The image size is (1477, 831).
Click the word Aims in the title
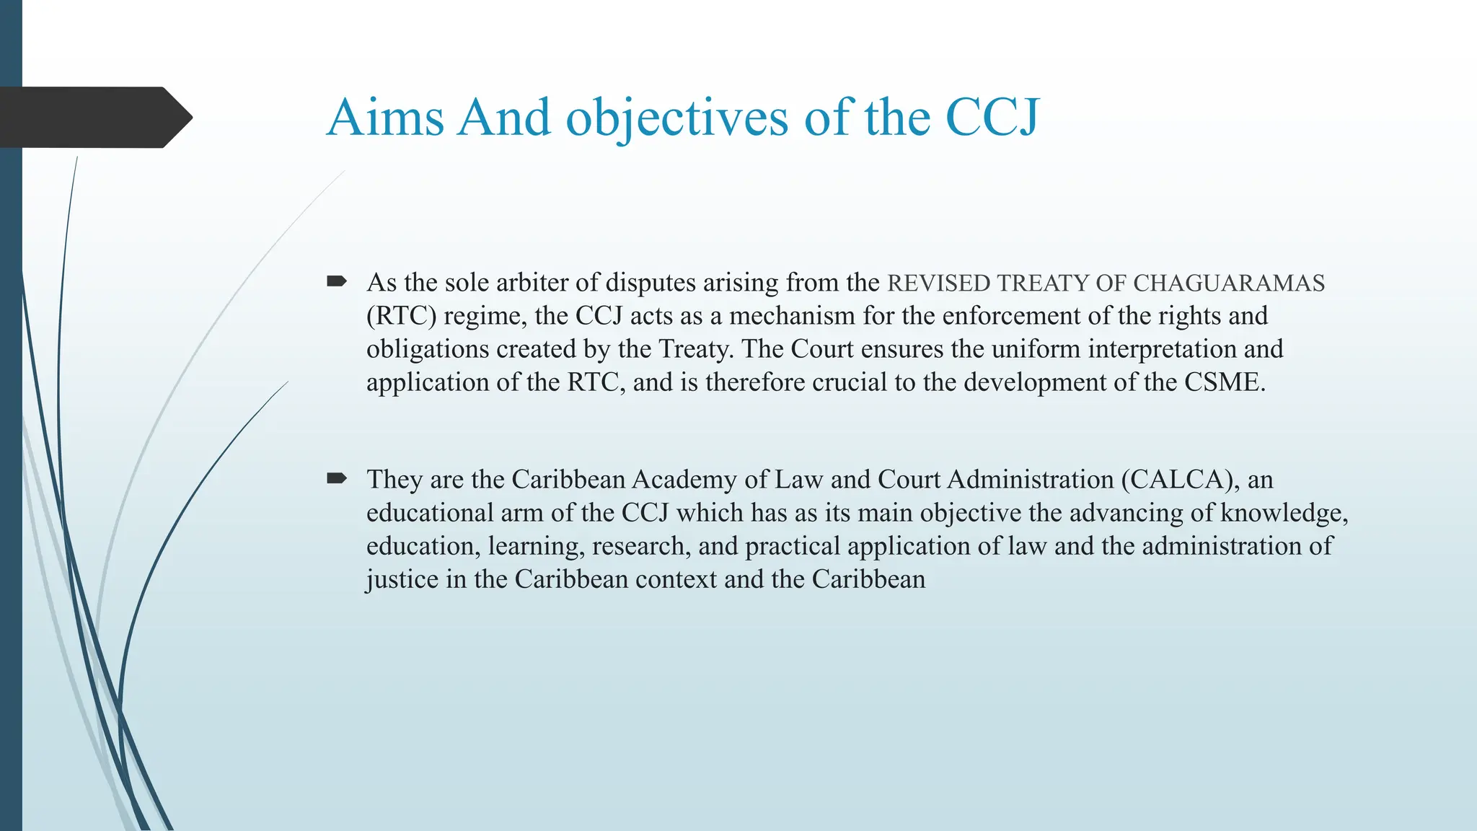(385, 117)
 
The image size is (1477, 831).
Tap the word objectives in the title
(676, 117)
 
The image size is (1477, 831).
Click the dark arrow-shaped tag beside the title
(94, 117)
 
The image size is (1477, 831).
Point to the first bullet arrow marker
(337, 281)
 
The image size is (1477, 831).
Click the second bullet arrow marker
(337, 478)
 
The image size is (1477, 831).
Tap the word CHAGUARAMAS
(1229, 283)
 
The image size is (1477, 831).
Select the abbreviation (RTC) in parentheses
(401, 316)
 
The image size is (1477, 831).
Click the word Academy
(684, 480)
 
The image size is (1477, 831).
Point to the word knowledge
(1284, 513)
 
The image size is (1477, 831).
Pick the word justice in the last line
(402, 579)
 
